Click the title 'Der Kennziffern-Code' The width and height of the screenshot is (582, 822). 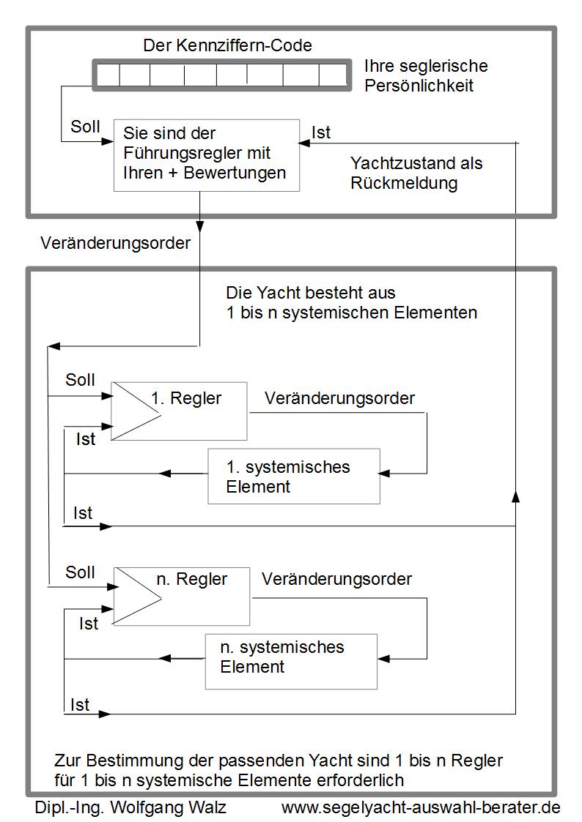[x=227, y=45]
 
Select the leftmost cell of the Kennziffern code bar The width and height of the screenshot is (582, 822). [x=108, y=75]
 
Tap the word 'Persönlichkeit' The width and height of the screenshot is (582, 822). [x=419, y=86]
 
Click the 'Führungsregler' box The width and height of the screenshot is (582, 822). [x=207, y=155]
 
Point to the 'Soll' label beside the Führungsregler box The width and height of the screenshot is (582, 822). [x=85, y=127]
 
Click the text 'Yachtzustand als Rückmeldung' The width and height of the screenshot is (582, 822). [x=416, y=173]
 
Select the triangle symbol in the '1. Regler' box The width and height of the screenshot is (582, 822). [x=136, y=411]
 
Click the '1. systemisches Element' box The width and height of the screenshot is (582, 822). [x=294, y=476]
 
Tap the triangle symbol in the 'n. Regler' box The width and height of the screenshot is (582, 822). [x=138, y=596]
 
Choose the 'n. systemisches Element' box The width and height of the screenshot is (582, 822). [x=291, y=662]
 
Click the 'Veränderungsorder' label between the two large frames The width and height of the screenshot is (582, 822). [x=116, y=243]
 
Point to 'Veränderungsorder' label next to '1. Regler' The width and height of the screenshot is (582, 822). [x=339, y=398]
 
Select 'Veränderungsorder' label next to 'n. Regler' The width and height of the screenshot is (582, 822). [x=337, y=579]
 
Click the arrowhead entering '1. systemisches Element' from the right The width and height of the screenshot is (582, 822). [x=384, y=474]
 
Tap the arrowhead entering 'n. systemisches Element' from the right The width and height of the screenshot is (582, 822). [x=383, y=659]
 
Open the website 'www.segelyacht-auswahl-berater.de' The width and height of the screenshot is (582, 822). [x=421, y=807]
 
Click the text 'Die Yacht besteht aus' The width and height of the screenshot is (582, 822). [x=311, y=293]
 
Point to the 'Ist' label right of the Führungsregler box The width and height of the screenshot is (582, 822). [x=321, y=132]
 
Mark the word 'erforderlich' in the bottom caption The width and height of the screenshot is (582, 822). [x=361, y=780]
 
